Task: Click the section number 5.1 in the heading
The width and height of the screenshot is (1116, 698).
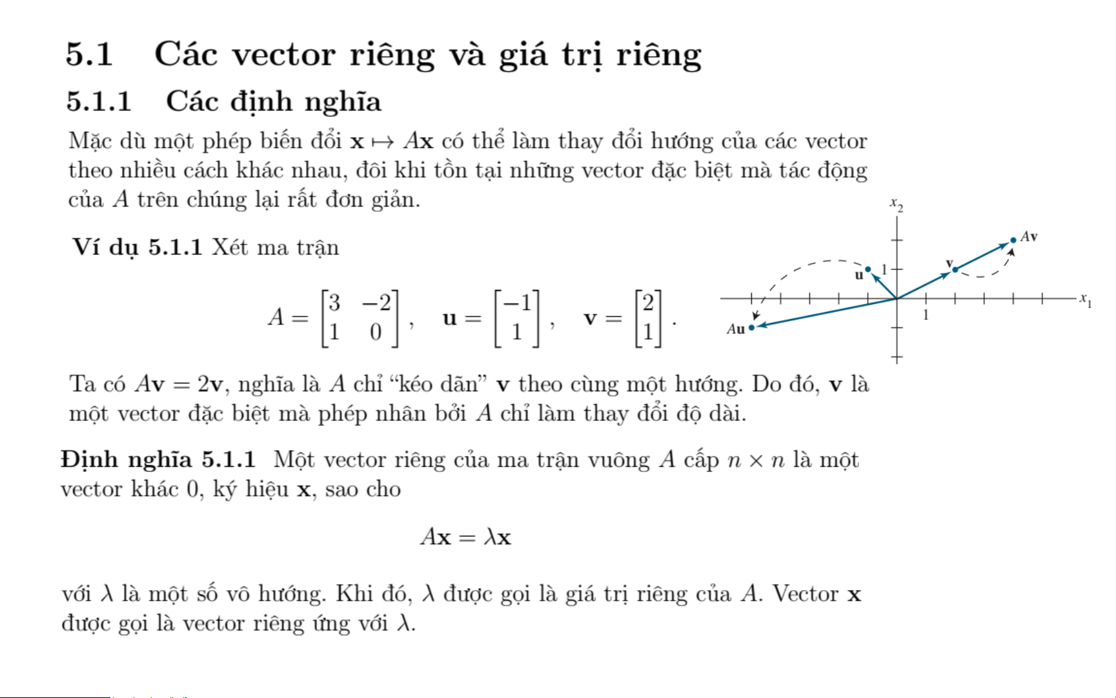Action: (x=89, y=54)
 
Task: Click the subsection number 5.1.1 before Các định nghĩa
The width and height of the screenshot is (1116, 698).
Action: (x=99, y=102)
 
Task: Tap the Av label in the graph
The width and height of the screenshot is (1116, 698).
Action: (x=1029, y=237)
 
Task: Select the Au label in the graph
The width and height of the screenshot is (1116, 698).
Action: (x=736, y=329)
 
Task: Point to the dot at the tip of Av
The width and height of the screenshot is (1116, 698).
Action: (x=1013, y=240)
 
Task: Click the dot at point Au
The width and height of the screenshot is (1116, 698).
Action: (x=751, y=328)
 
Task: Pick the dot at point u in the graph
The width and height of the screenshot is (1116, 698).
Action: (x=868, y=269)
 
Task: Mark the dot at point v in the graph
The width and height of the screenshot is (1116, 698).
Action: (x=955, y=269)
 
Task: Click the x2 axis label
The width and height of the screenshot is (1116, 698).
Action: (x=896, y=205)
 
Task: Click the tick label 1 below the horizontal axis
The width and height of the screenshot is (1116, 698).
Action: (x=926, y=316)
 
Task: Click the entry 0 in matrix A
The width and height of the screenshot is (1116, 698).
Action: (x=376, y=333)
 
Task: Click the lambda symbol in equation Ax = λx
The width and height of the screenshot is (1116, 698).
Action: (x=489, y=537)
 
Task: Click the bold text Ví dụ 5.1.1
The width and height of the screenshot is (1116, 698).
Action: (x=137, y=247)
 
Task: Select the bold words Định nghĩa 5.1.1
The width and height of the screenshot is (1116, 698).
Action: (x=158, y=460)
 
